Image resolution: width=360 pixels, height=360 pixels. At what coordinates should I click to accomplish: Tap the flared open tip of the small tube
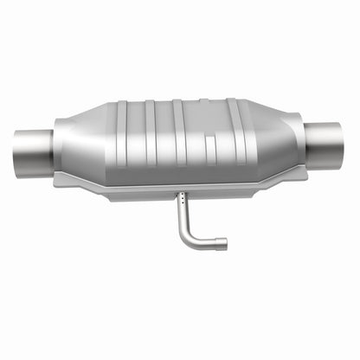tap(222, 244)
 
